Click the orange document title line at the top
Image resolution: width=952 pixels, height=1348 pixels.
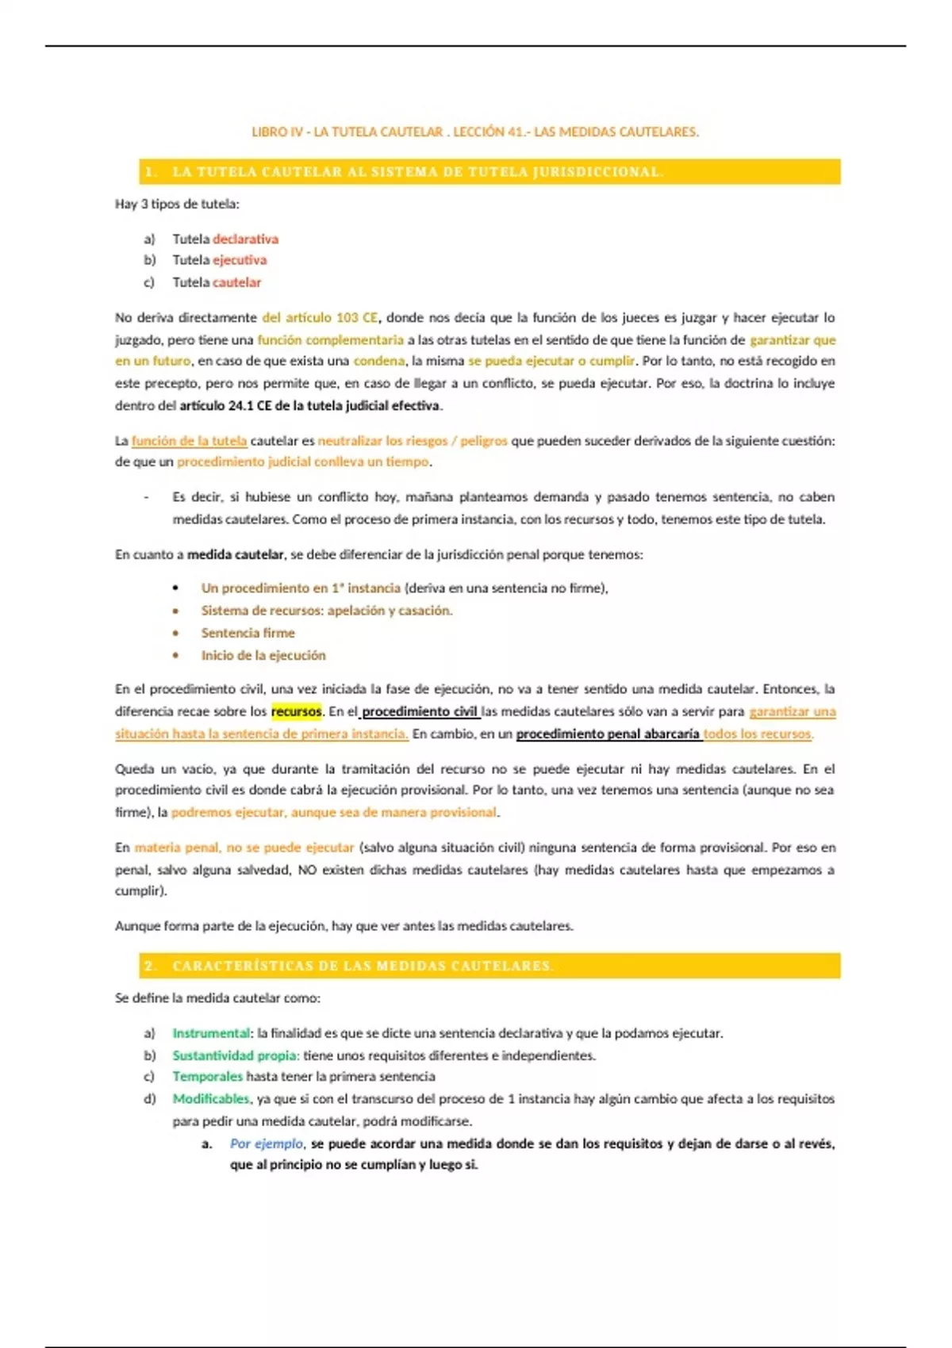tap(474, 132)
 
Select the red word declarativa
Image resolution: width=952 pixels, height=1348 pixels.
tap(245, 239)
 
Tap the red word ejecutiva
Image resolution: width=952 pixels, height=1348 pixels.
tap(240, 260)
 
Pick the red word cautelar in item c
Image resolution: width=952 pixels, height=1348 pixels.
tap(236, 282)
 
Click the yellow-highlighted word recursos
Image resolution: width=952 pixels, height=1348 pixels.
tap(296, 711)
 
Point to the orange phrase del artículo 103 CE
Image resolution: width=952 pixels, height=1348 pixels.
tap(320, 317)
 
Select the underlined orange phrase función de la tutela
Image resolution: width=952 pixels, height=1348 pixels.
tap(189, 441)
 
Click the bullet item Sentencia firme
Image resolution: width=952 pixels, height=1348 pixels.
tap(248, 633)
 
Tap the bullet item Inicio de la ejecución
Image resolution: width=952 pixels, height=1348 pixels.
tap(263, 655)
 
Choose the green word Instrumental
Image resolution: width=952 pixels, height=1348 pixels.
tap(211, 1033)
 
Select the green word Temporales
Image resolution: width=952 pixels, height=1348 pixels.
tap(208, 1077)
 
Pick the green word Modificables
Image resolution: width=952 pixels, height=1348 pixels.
tap(211, 1099)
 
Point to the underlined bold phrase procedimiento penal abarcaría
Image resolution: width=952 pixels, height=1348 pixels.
tap(608, 733)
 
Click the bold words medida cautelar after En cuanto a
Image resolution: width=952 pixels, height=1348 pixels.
tap(235, 554)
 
